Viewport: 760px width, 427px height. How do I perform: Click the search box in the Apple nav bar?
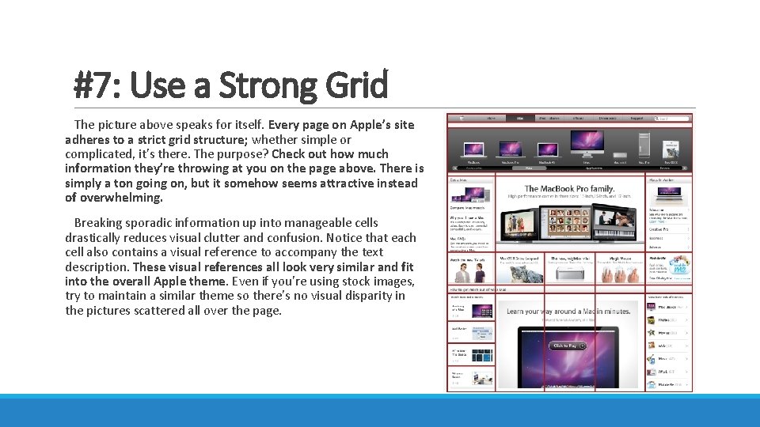[673, 119]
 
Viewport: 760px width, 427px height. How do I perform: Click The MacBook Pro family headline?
[569, 189]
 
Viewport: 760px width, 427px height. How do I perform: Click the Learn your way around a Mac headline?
[568, 312]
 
